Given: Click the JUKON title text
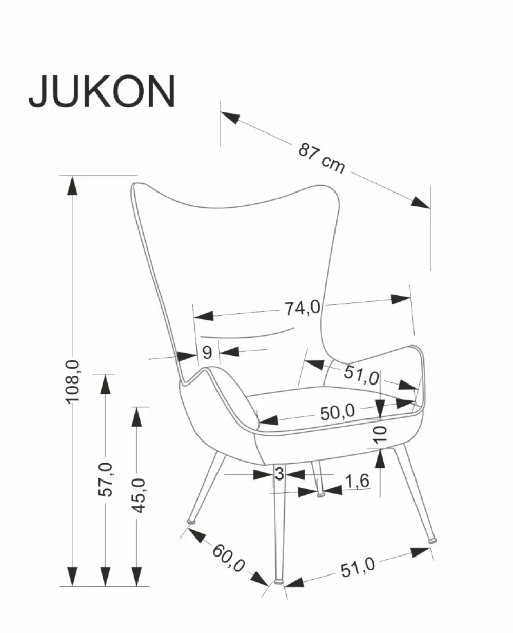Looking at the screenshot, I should pos(102,91).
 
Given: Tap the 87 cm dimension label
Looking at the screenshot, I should pos(322,158).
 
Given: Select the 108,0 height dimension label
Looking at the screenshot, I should pos(72,380).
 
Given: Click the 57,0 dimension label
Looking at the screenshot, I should pos(105,478).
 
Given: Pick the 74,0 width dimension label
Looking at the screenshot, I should pos(303,308).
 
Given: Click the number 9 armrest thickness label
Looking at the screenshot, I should pos(207,352).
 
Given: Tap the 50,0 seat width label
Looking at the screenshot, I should pos(337,412).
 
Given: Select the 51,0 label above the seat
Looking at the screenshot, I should pos(361,374).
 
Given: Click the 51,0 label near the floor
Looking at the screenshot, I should pos(358,567).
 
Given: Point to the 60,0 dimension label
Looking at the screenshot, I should pos(228,557).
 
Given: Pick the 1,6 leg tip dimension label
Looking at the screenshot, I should pos(357,481).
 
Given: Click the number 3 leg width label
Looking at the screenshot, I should pos(279,474).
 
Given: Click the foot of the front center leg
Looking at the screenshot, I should pos(279,582).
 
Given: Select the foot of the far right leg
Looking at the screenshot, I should pos(433,540).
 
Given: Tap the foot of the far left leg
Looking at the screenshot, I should pos(192,522).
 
